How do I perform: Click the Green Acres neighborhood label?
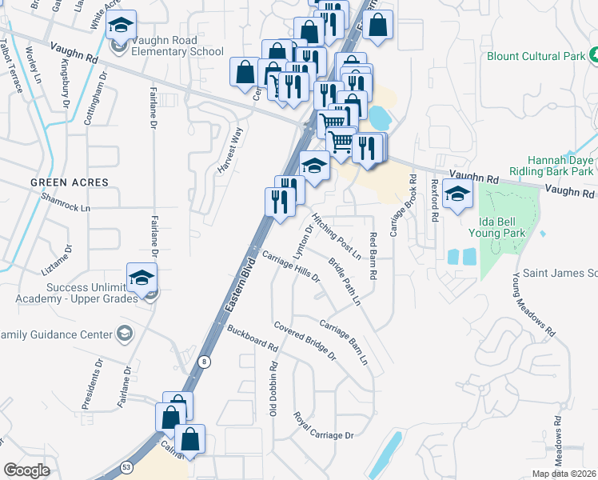click(70, 182)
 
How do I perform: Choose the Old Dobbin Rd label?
click(273, 388)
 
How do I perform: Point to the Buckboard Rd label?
click(252, 339)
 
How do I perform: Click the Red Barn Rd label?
click(373, 254)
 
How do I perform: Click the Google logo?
click(26, 470)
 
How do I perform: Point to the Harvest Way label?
click(230, 146)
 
